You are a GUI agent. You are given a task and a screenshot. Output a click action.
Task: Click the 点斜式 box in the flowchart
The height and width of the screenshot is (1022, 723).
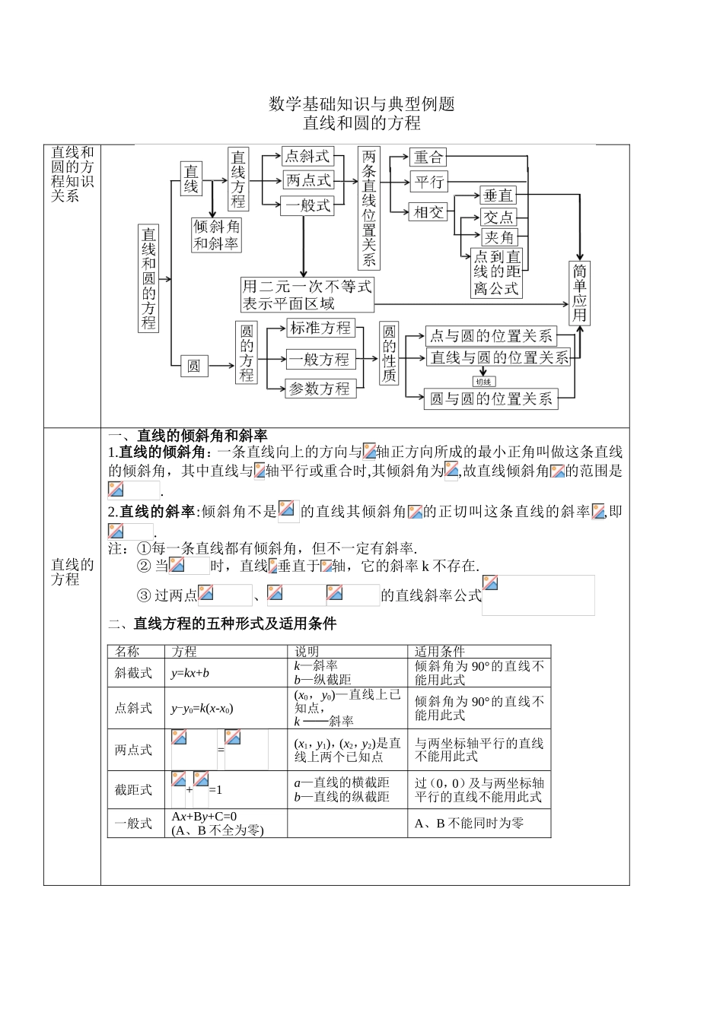click(x=307, y=157)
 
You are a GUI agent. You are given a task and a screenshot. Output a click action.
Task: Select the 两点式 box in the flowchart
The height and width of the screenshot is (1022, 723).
click(x=308, y=180)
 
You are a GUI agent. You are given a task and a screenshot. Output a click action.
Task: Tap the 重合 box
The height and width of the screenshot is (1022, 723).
click(x=428, y=157)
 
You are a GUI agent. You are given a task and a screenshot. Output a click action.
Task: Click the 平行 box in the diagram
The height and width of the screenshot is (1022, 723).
click(x=428, y=182)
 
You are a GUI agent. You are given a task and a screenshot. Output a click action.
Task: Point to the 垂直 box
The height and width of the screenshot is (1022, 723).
click(x=498, y=195)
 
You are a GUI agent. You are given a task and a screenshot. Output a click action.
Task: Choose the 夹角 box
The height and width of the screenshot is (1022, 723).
click(x=498, y=237)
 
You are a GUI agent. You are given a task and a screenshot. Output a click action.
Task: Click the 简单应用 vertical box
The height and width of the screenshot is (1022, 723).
click(x=580, y=294)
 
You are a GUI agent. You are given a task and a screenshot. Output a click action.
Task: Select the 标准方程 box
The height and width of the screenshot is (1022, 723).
click(x=320, y=328)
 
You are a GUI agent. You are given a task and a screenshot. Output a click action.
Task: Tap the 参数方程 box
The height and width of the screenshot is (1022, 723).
click(x=320, y=389)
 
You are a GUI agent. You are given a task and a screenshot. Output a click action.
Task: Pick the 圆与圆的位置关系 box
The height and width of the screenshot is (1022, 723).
click(x=491, y=398)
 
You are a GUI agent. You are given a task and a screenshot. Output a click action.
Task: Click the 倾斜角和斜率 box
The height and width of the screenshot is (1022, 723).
click(x=216, y=235)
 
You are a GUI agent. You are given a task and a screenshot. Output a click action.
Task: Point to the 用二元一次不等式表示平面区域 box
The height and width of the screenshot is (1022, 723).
click(x=307, y=295)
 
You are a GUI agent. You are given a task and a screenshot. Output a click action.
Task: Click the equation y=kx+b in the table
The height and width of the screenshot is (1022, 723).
click(x=190, y=673)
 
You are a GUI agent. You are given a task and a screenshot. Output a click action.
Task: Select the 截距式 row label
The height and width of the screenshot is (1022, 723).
click(x=134, y=790)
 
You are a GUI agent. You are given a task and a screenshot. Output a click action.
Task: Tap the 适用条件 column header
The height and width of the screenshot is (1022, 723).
click(x=440, y=652)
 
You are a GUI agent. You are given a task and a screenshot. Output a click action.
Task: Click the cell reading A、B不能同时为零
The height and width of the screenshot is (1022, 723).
click(x=469, y=823)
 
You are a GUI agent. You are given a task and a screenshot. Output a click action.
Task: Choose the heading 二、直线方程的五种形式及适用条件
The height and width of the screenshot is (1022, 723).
click(x=222, y=624)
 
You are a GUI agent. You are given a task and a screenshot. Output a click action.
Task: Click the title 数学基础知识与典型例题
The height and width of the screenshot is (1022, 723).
click(x=361, y=104)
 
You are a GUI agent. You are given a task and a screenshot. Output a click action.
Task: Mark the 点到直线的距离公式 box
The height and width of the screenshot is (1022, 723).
click(x=497, y=273)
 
